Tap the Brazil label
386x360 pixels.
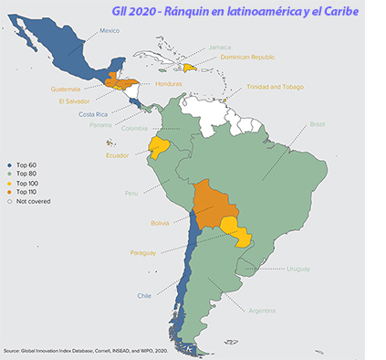click(x=317, y=123)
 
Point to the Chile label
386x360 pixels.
click(x=144, y=296)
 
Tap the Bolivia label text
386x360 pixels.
click(x=162, y=222)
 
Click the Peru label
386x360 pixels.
click(x=134, y=194)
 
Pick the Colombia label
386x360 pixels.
click(x=134, y=128)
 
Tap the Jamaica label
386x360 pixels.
click(x=219, y=47)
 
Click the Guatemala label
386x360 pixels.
click(x=65, y=89)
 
